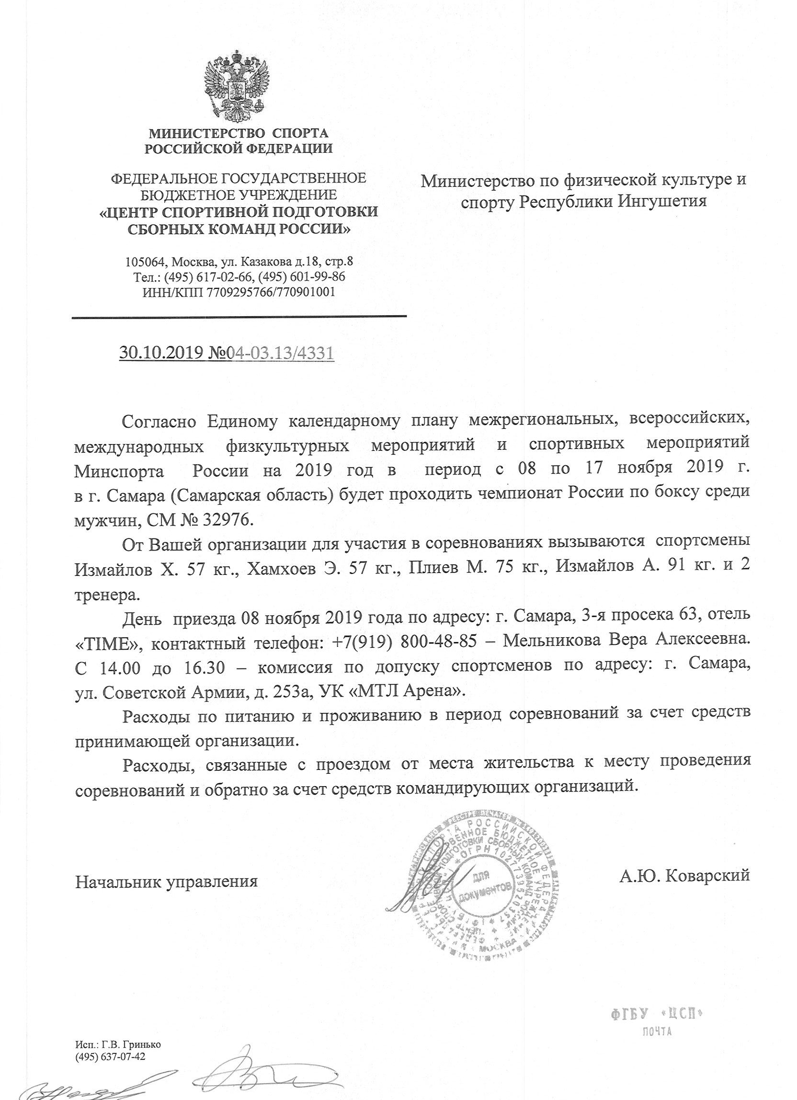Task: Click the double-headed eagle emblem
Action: pyautogui.click(x=237, y=87)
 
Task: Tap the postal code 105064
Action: pyautogui.click(x=145, y=263)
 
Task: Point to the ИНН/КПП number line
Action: pyautogui.click(x=238, y=292)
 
